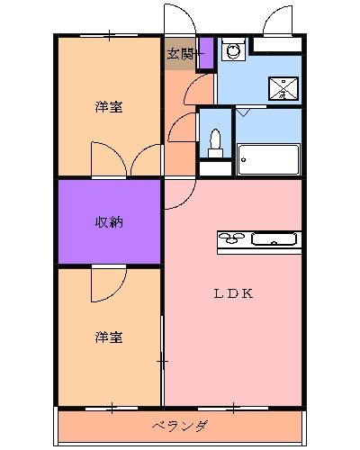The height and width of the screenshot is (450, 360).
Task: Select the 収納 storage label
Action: click(109, 222)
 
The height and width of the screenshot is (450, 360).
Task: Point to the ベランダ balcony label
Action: click(179, 426)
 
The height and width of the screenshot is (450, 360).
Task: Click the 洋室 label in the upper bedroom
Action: click(109, 108)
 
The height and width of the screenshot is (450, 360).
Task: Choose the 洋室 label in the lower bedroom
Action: click(109, 337)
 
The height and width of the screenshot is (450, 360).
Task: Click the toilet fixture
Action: click(214, 142)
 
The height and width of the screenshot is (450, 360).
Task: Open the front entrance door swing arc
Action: click(176, 20)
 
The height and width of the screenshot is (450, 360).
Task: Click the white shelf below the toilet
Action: click(214, 166)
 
